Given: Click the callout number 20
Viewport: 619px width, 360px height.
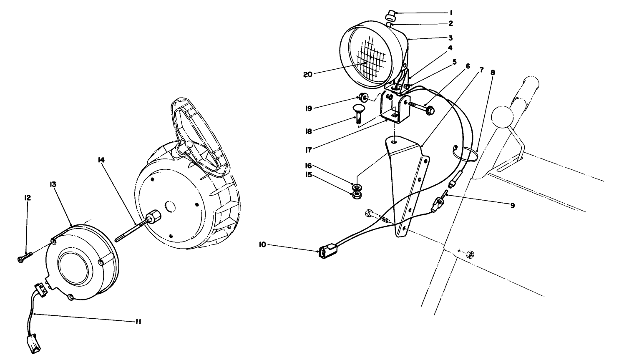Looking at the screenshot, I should click(x=307, y=75).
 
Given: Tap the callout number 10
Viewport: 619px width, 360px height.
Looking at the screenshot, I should click(x=262, y=245).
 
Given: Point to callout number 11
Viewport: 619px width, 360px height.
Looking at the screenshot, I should click(x=138, y=321).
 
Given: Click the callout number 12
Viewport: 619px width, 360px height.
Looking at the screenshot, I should click(x=28, y=197).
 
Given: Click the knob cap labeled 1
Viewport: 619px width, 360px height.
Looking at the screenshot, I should click(x=391, y=15).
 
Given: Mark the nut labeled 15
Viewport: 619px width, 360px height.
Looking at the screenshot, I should click(x=356, y=195).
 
